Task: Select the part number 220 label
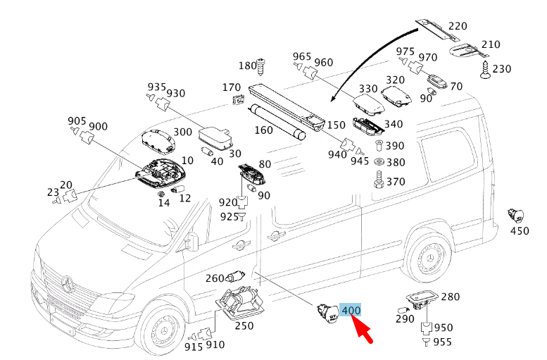pos(458,27)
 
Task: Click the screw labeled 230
pos(486,69)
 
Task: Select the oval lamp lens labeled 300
pos(158,140)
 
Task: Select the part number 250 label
pos(244,325)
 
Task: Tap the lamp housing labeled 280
pos(423,300)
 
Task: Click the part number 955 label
pos(443,342)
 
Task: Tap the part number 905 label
pos(76,121)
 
